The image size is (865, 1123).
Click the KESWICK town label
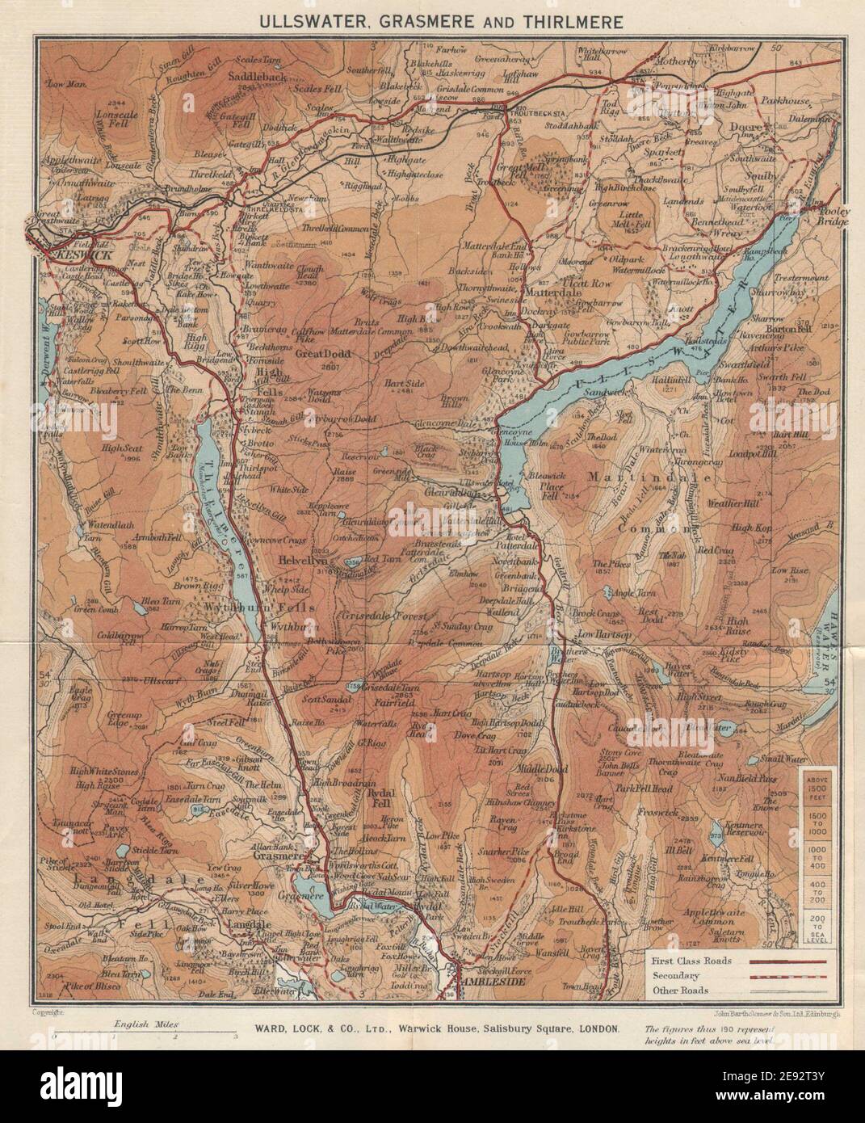pyautogui.click(x=72, y=254)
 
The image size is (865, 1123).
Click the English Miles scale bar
pyautogui.click(x=145, y=1033)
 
